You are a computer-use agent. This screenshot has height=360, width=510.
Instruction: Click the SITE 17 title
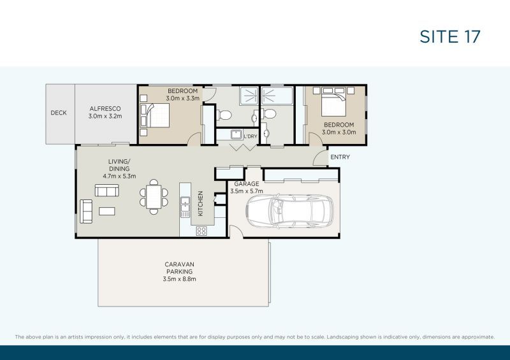tap(449, 36)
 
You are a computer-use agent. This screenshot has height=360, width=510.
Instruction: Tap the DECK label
tap(59, 113)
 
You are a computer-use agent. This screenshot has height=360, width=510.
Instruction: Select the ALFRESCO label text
tap(105, 109)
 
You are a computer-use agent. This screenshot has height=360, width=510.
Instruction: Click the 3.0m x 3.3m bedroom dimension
tap(183, 99)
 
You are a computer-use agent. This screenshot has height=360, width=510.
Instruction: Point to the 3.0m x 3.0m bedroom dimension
tap(339, 132)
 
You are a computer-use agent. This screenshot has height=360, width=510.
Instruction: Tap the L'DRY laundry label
tap(251, 136)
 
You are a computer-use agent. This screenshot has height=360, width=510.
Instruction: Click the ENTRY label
tap(340, 157)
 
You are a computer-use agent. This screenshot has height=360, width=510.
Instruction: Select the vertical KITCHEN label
tap(200, 204)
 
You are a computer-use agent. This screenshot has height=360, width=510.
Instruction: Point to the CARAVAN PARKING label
tap(178, 268)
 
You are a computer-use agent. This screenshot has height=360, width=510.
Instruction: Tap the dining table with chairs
tap(154, 196)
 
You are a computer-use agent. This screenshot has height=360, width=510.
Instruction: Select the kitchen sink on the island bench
tap(186, 205)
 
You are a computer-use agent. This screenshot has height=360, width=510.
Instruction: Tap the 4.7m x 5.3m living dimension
tap(119, 176)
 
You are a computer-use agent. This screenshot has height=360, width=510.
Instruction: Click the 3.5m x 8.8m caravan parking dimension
tap(178, 279)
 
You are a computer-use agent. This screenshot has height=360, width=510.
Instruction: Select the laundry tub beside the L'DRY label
tap(235, 135)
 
